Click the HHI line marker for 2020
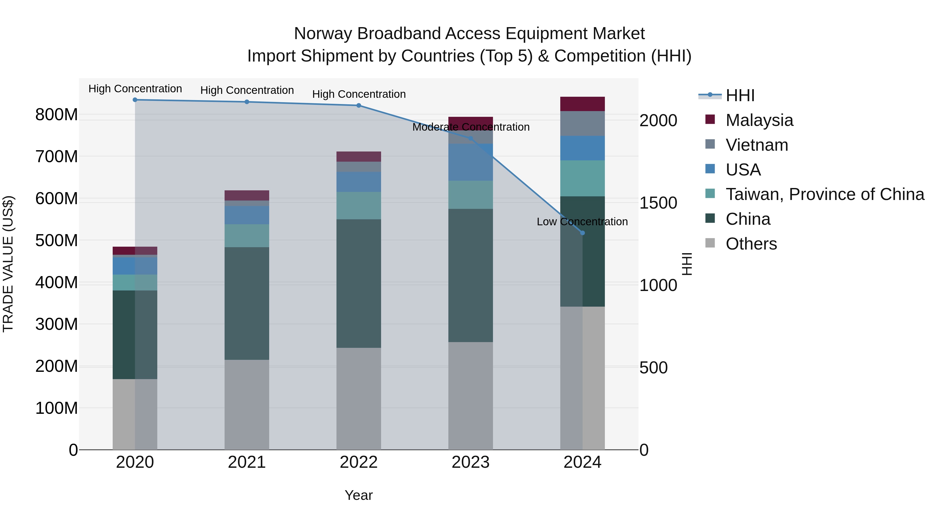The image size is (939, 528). coord(135,100)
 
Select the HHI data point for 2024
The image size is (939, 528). coord(582,233)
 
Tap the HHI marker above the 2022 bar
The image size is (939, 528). coord(359,106)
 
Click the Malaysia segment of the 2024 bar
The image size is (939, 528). coord(582,104)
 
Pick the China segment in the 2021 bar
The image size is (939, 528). coord(247,303)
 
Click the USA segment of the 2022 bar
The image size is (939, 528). coord(359,182)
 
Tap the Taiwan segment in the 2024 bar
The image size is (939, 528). coord(582,178)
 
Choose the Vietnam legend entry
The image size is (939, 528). coord(756,145)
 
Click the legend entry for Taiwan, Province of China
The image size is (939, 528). coord(824,194)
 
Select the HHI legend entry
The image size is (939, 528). coord(740,95)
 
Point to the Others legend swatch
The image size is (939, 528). coord(710,243)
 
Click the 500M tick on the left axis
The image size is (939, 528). coord(57,240)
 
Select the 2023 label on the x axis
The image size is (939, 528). coord(470,462)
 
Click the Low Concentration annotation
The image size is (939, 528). coord(582,222)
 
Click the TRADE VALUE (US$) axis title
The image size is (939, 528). coord(8,264)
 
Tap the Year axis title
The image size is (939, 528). coord(359,495)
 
